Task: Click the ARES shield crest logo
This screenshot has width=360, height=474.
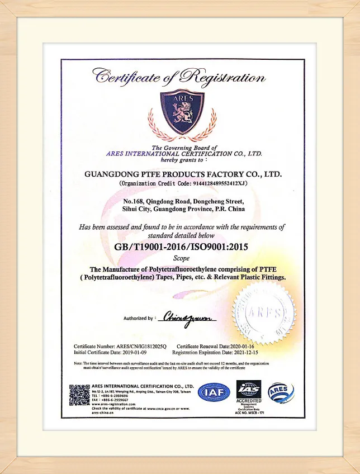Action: point(182,112)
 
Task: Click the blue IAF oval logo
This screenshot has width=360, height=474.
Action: point(214,394)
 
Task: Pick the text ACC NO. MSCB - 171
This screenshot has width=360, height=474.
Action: point(249,413)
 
